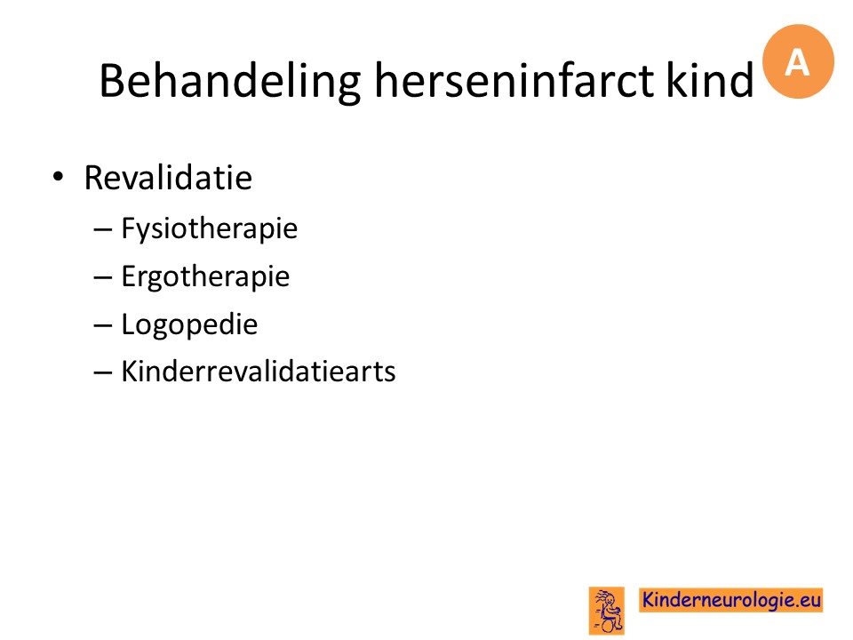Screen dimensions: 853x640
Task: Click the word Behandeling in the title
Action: tap(229, 81)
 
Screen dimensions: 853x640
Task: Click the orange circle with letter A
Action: tap(798, 61)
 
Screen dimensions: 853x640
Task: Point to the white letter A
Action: tap(797, 62)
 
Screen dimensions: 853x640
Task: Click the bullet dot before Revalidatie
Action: tap(59, 177)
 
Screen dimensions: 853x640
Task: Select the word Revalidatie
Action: tap(168, 178)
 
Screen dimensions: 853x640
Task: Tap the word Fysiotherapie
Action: tap(210, 228)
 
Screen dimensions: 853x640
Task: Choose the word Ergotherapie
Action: tap(205, 276)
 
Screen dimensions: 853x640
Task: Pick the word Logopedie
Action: tap(189, 324)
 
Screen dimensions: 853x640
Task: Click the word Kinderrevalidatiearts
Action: tap(259, 372)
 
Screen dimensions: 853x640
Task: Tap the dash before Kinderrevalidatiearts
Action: tap(103, 373)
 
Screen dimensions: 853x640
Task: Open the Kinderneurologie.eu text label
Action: tap(730, 600)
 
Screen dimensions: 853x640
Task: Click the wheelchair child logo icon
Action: tap(607, 611)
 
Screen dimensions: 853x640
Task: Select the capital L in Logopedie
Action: tap(127, 324)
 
